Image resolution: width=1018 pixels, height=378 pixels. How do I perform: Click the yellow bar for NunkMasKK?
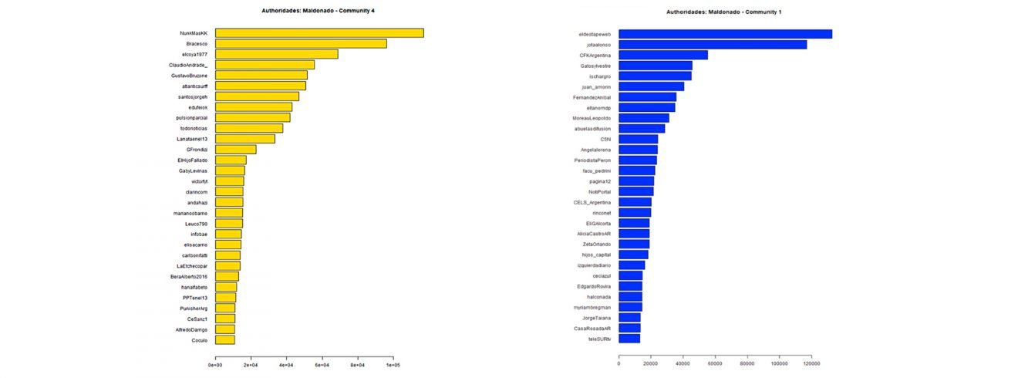point(319,33)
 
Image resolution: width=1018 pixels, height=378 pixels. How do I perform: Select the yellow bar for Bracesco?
point(301,44)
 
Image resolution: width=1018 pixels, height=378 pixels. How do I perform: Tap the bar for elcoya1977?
point(276,54)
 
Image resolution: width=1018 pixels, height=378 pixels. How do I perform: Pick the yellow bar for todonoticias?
point(249,128)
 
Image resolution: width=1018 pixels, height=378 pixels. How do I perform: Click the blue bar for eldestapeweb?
point(725,34)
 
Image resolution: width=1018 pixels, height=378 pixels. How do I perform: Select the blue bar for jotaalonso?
point(713,45)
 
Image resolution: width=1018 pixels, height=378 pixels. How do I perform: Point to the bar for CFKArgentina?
point(663,55)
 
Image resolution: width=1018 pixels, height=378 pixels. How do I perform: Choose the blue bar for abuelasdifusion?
point(642,128)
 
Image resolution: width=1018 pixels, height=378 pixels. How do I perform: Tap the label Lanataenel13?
point(192,139)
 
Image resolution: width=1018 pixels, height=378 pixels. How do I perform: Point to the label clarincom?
point(197,191)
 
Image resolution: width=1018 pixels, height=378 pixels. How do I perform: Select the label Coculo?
point(199,339)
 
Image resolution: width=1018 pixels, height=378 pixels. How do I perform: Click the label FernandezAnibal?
point(592,97)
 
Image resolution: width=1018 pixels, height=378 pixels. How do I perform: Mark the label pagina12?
point(600,181)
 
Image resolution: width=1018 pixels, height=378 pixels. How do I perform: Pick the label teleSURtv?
point(599,339)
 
